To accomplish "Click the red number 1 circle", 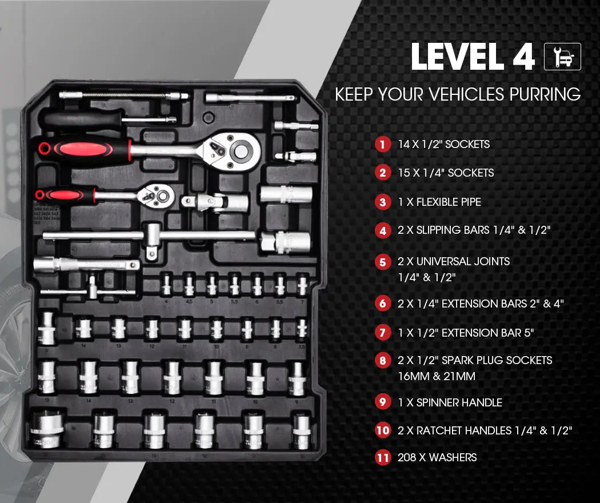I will click(x=382, y=144).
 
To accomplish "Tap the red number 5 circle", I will click(x=382, y=262).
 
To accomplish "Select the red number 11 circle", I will click(x=382, y=457).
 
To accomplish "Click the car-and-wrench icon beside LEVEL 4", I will click(x=562, y=57).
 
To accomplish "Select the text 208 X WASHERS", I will click(x=437, y=457).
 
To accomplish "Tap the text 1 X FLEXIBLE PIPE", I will click(x=439, y=202).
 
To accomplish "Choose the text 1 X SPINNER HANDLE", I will click(x=450, y=402).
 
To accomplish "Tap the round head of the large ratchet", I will click(x=241, y=150).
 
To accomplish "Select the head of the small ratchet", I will click(x=159, y=196).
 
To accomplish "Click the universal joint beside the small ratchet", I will click(x=214, y=202).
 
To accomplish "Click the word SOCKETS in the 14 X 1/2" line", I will click(x=467, y=144).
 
